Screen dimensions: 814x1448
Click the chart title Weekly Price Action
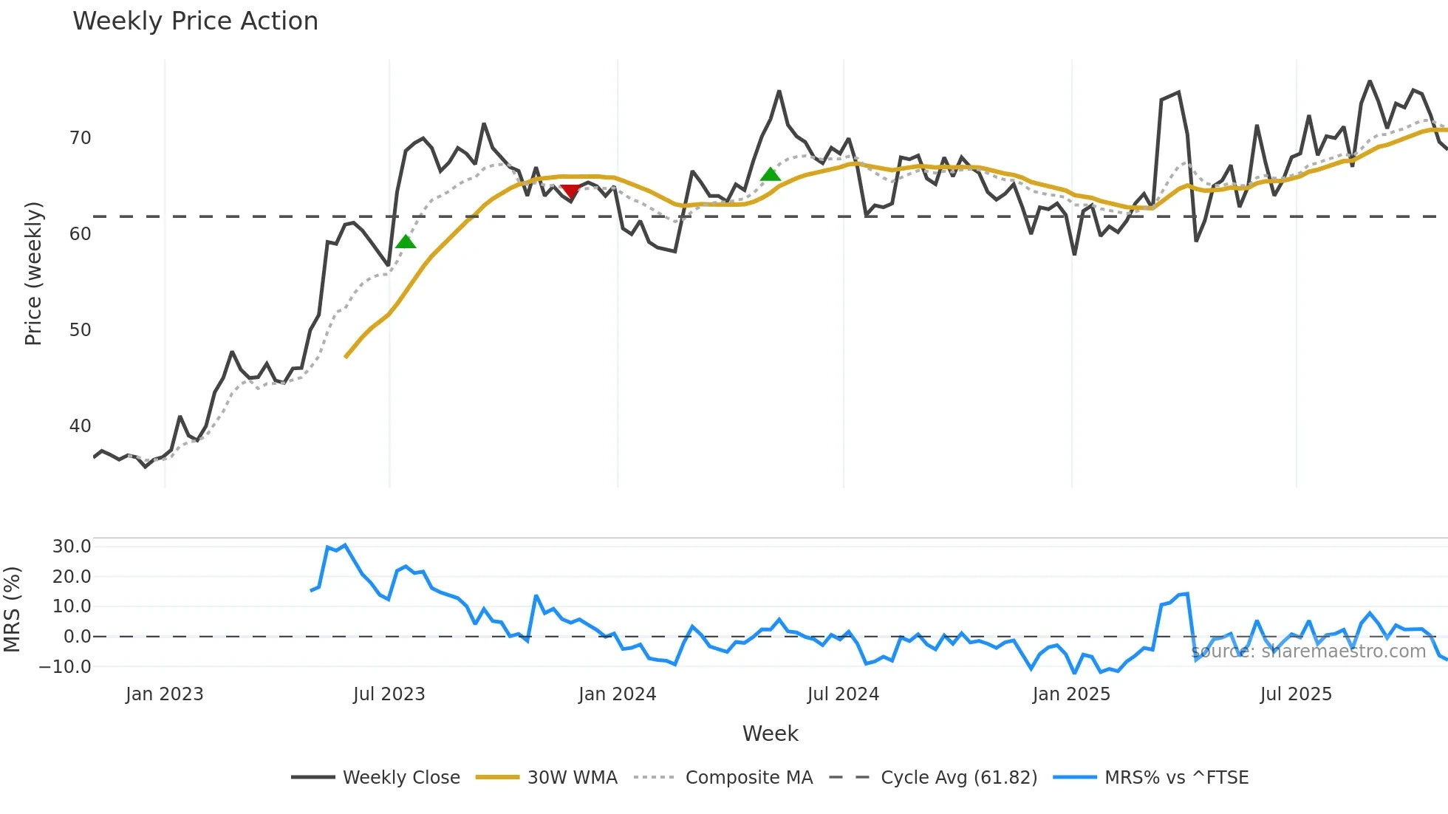click(x=195, y=21)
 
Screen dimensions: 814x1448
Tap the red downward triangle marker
click(x=570, y=192)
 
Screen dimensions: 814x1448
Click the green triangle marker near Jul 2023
click(x=406, y=242)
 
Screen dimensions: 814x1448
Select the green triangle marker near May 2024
click(x=771, y=174)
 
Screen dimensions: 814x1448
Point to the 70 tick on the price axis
click(x=80, y=138)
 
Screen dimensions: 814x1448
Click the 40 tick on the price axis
click(x=80, y=426)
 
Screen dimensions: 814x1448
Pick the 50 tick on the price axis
click(x=80, y=330)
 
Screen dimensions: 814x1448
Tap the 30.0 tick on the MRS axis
click(x=72, y=547)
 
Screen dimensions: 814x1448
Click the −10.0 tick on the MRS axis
click(x=66, y=666)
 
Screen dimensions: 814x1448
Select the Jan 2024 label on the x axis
click(x=617, y=694)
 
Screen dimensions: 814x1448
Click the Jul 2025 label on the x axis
click(x=1296, y=694)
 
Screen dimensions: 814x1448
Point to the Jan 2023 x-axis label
click(x=164, y=694)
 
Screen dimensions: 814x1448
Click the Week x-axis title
click(x=770, y=733)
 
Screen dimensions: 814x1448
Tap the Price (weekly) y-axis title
click(x=34, y=273)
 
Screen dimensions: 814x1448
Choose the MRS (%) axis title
click(x=13, y=609)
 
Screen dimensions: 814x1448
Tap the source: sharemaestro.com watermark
click(x=1308, y=651)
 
